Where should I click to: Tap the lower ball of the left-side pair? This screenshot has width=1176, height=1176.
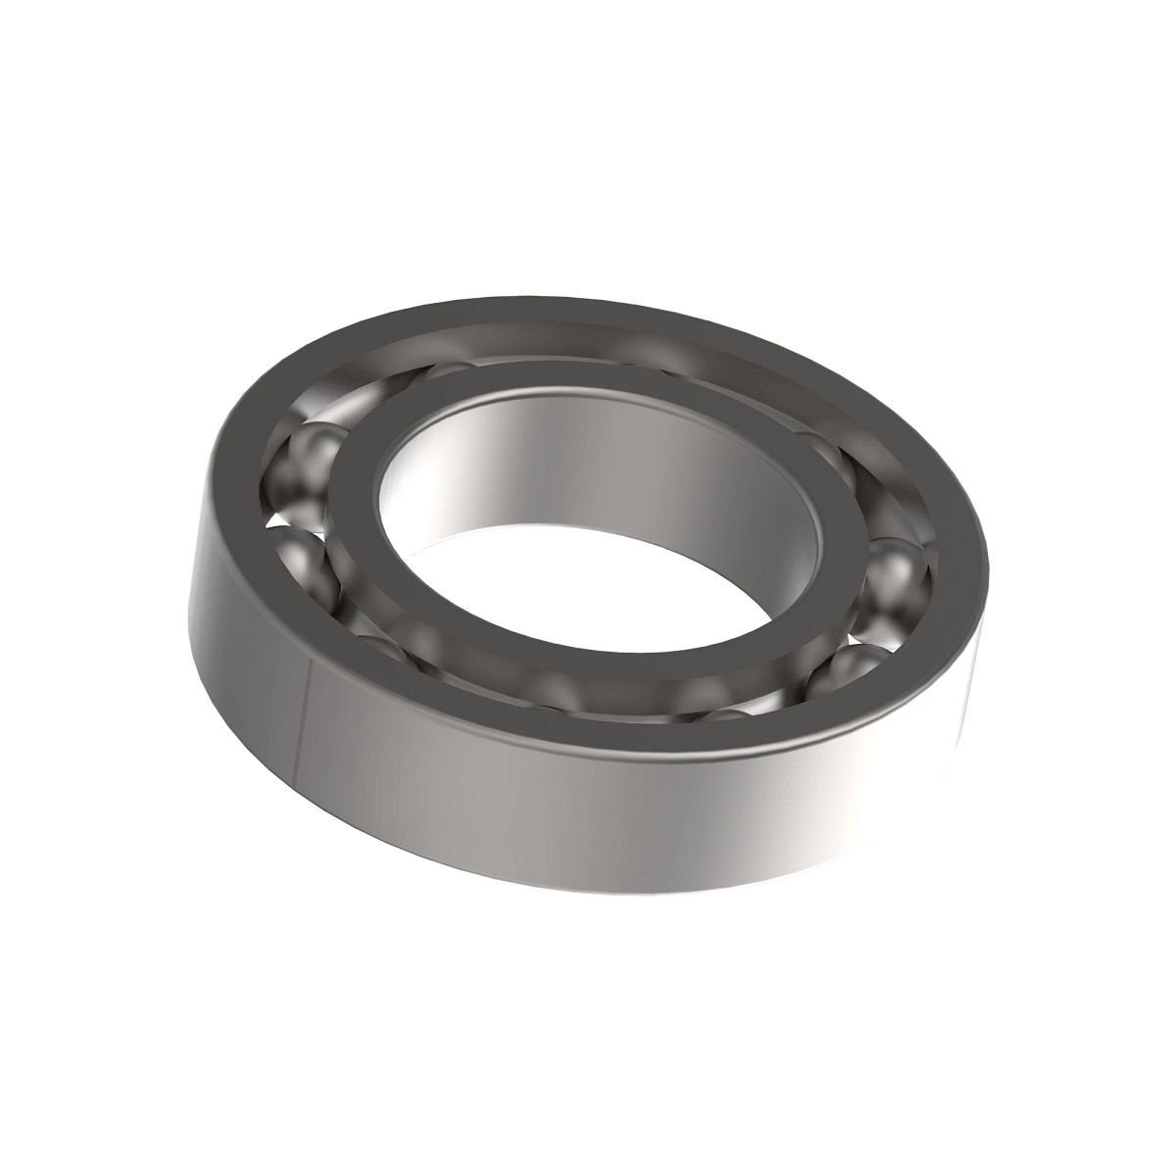click(306, 559)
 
